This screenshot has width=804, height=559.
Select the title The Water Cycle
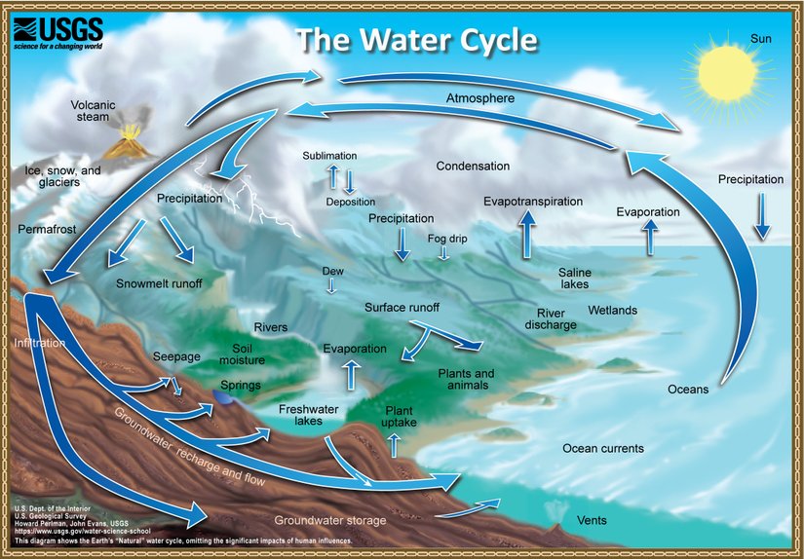pyautogui.click(x=416, y=40)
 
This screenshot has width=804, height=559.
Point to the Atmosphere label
pyautogui.click(x=480, y=98)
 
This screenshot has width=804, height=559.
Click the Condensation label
pyautogui.click(x=473, y=167)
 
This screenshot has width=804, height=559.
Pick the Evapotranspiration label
pyautogui.click(x=532, y=202)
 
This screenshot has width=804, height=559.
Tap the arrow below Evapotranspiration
pyautogui.click(x=527, y=235)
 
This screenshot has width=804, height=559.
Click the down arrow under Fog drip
pyautogui.click(x=443, y=252)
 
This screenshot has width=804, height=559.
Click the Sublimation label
pyautogui.click(x=329, y=156)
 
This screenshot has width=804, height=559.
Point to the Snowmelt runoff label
pyautogui.click(x=159, y=284)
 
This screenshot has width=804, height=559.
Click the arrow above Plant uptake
pyautogui.click(x=395, y=445)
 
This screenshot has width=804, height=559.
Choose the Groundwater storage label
pyautogui.click(x=330, y=521)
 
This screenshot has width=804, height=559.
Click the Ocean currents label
pyautogui.click(x=603, y=449)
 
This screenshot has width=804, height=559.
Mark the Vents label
pyautogui.click(x=592, y=521)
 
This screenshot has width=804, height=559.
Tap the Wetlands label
pyautogui.click(x=612, y=311)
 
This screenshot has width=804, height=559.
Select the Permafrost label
pyautogui.click(x=46, y=229)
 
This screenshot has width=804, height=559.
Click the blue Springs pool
pyautogui.click(x=225, y=398)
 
